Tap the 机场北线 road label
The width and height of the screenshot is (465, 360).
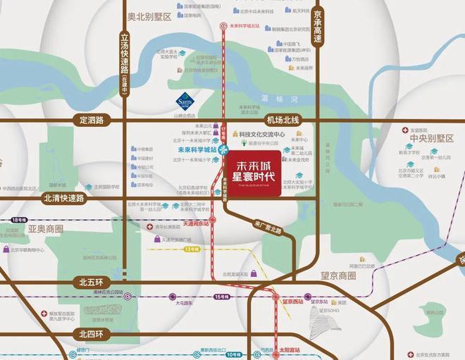(x=284, y=120)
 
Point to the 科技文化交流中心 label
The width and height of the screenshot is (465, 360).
(x=261, y=134)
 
